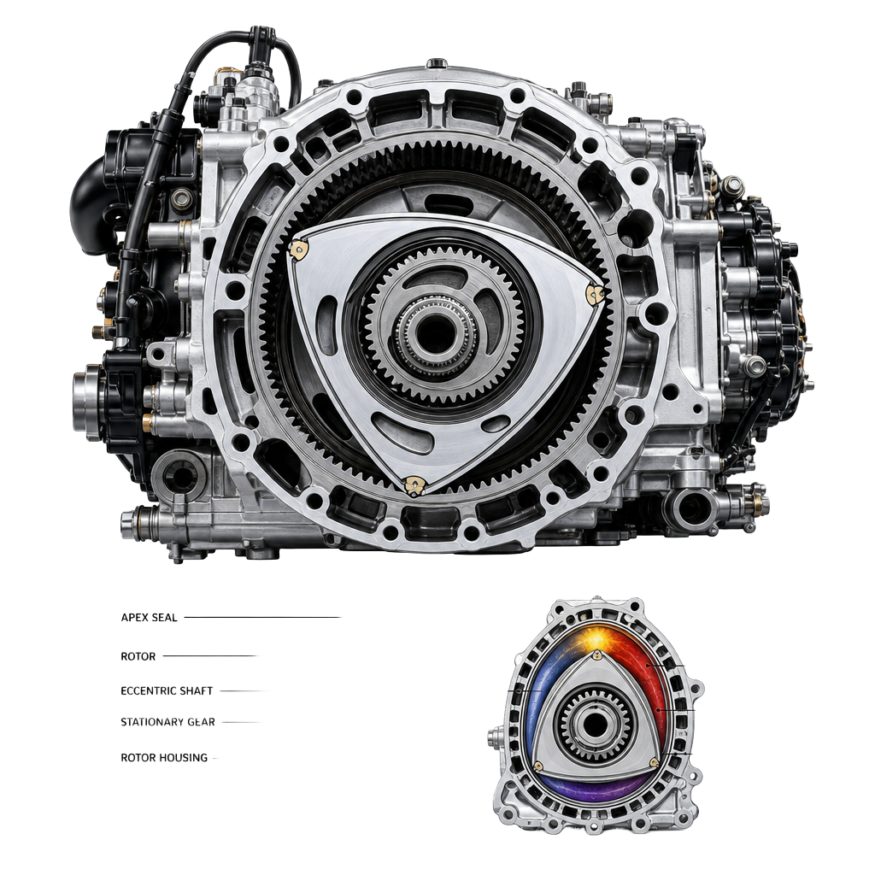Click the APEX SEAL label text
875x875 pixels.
pyautogui.click(x=149, y=618)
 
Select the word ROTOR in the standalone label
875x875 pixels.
pyautogui.click(x=138, y=656)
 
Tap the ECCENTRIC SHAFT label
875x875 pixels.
pyautogui.click(x=167, y=690)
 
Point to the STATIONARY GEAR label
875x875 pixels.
pyautogui.click(x=168, y=722)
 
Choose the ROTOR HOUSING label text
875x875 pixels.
pyautogui.click(x=164, y=758)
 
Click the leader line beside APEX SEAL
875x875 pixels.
pyautogui.click(x=263, y=618)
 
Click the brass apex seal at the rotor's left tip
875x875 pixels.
pyautogui.click(x=298, y=249)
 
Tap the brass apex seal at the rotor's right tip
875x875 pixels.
pyautogui.click(x=595, y=294)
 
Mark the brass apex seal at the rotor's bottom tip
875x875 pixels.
pyautogui.click(x=414, y=485)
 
